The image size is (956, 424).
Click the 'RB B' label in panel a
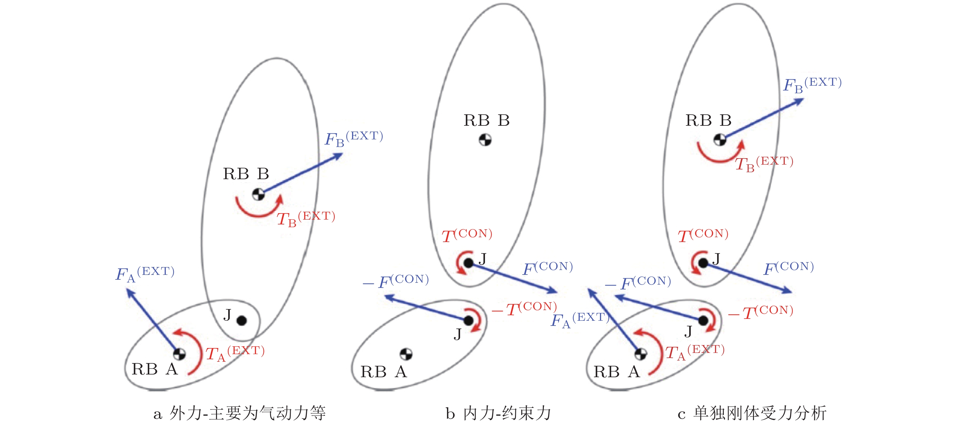246,174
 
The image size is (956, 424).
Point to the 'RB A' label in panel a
155,369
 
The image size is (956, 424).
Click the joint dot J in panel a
242,320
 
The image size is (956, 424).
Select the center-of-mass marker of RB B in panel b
485,140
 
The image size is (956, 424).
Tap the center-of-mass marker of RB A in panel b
406,354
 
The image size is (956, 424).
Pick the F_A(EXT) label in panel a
145,274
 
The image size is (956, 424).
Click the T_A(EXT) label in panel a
235,353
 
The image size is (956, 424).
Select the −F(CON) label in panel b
396,281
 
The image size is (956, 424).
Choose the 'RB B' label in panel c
708,120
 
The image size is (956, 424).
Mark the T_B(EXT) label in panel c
764,164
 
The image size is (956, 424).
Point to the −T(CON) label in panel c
761,312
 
